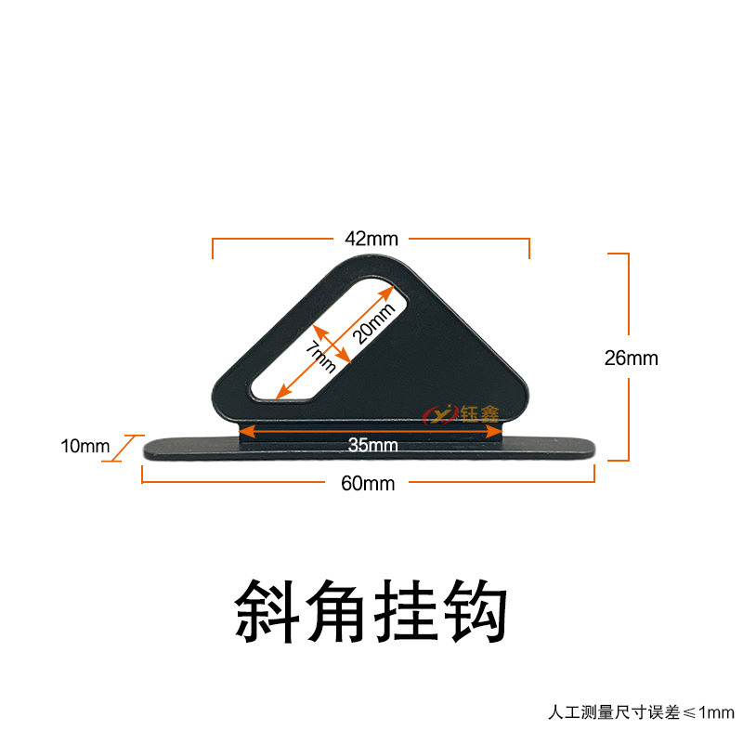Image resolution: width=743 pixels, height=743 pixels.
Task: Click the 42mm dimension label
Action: click(x=371, y=238)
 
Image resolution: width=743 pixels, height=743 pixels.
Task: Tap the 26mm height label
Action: click(x=631, y=358)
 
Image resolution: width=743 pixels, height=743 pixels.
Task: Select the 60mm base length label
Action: click(x=369, y=483)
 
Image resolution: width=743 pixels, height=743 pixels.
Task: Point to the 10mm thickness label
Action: click(x=85, y=447)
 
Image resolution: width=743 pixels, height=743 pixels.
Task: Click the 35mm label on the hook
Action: click(x=372, y=445)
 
